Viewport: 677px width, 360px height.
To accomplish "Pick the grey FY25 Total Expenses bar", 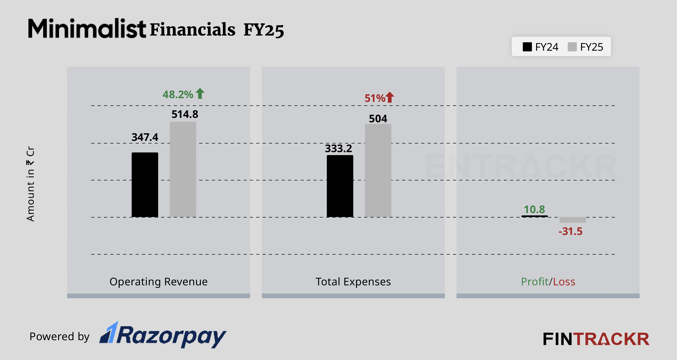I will (378, 170).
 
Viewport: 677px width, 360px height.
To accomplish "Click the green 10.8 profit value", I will (534, 210).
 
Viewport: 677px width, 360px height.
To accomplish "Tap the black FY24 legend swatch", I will (527, 47).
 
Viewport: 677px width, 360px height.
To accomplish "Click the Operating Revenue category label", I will (159, 282).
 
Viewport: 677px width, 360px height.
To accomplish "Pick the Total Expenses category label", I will (353, 282).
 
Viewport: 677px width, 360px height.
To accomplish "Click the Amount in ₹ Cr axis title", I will (30, 184).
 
